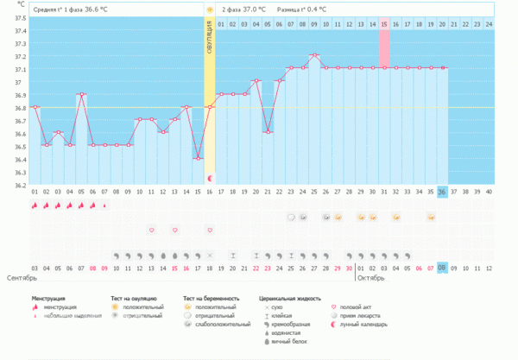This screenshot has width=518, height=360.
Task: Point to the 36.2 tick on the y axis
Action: (x=20, y=185)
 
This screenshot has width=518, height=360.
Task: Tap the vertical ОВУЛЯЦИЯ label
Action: (x=210, y=40)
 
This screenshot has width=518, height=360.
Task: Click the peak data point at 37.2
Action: (x=315, y=55)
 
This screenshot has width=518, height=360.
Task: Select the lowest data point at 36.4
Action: (x=199, y=158)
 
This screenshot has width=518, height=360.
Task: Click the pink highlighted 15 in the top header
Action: (x=384, y=22)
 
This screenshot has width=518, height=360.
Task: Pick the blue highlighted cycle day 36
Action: (x=443, y=192)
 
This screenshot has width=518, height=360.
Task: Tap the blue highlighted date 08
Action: (x=443, y=268)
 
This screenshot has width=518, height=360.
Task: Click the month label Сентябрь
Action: (x=22, y=279)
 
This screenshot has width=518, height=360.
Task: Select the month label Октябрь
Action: (x=370, y=279)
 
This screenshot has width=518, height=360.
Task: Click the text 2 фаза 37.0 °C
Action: (x=243, y=9)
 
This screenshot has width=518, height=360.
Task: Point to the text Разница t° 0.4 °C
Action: (x=301, y=9)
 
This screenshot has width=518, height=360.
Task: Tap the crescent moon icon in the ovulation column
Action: (x=210, y=178)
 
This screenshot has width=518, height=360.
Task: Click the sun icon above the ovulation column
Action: (x=210, y=9)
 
